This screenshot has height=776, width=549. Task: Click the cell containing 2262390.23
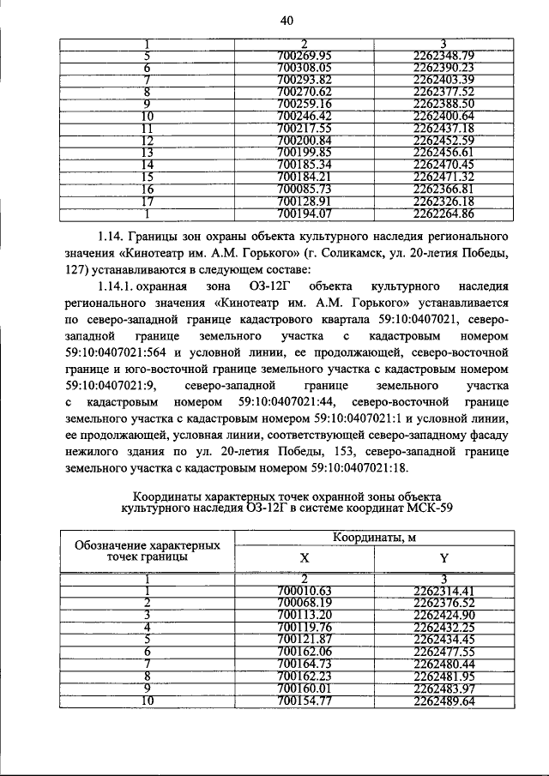443,68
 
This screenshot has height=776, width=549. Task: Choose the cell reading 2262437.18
443,128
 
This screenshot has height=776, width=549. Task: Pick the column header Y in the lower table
443,558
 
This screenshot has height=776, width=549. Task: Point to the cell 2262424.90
443,615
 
